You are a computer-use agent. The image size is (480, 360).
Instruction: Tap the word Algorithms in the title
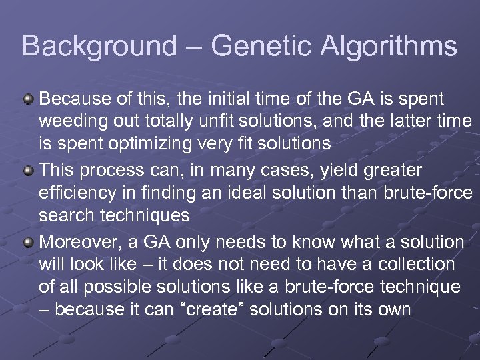point(390,47)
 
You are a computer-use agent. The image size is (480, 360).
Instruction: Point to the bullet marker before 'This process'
point(28,170)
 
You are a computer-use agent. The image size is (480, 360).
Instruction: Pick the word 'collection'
point(416,264)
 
